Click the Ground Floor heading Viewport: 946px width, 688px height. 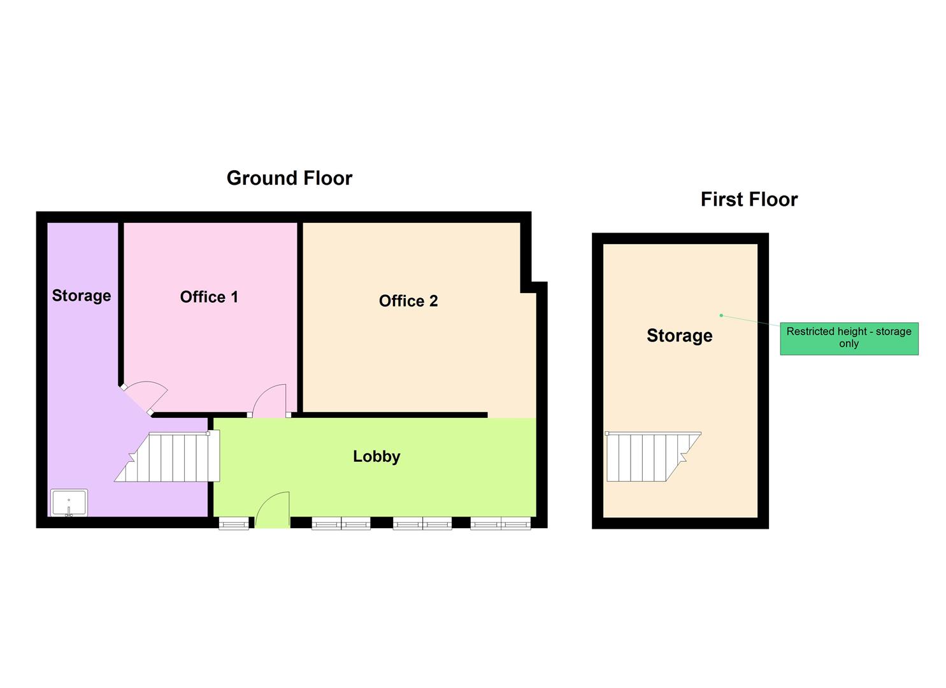289,178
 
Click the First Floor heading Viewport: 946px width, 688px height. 749,199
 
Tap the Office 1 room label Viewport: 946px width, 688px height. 209,297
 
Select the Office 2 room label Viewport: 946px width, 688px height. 408,301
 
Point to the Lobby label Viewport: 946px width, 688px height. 376,457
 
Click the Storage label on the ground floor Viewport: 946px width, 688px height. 82,296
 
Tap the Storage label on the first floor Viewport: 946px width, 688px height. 680,336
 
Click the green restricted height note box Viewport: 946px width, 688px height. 849,339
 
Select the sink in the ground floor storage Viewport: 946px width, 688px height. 69,503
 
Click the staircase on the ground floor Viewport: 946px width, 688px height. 168,457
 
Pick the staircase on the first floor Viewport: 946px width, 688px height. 653,457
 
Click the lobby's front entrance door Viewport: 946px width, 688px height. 273,510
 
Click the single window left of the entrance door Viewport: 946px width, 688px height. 234,524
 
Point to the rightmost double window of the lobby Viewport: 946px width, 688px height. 501,524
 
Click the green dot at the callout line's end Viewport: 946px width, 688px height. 721,315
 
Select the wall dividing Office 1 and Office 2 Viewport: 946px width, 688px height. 300,317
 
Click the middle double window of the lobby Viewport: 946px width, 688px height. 422,524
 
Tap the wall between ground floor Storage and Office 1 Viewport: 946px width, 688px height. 121,304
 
